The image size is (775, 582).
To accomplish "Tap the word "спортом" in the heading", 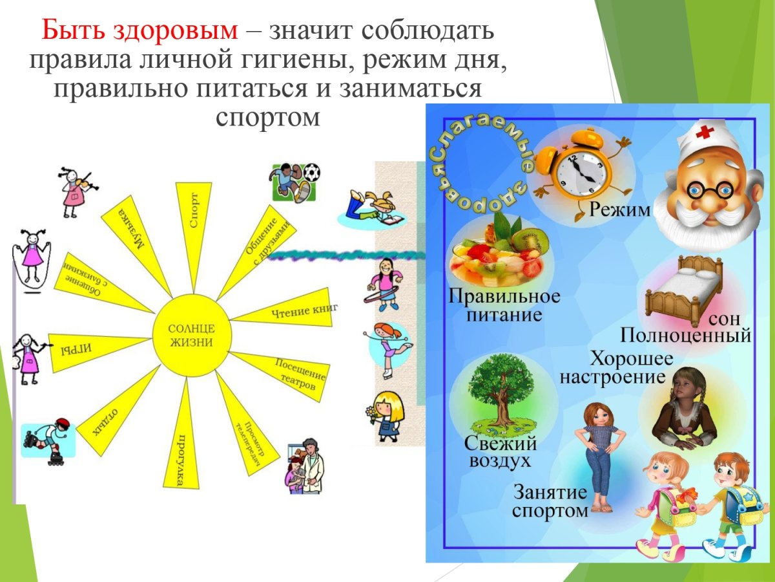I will pyautogui.click(x=267, y=117).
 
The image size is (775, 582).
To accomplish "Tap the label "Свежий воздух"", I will pyautogui.click(x=501, y=453).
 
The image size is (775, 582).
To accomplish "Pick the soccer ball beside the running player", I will pyautogui.click(x=311, y=173).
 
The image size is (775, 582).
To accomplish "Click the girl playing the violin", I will pyautogui.click(x=77, y=191).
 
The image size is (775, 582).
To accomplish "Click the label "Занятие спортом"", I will pyautogui.click(x=550, y=501).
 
